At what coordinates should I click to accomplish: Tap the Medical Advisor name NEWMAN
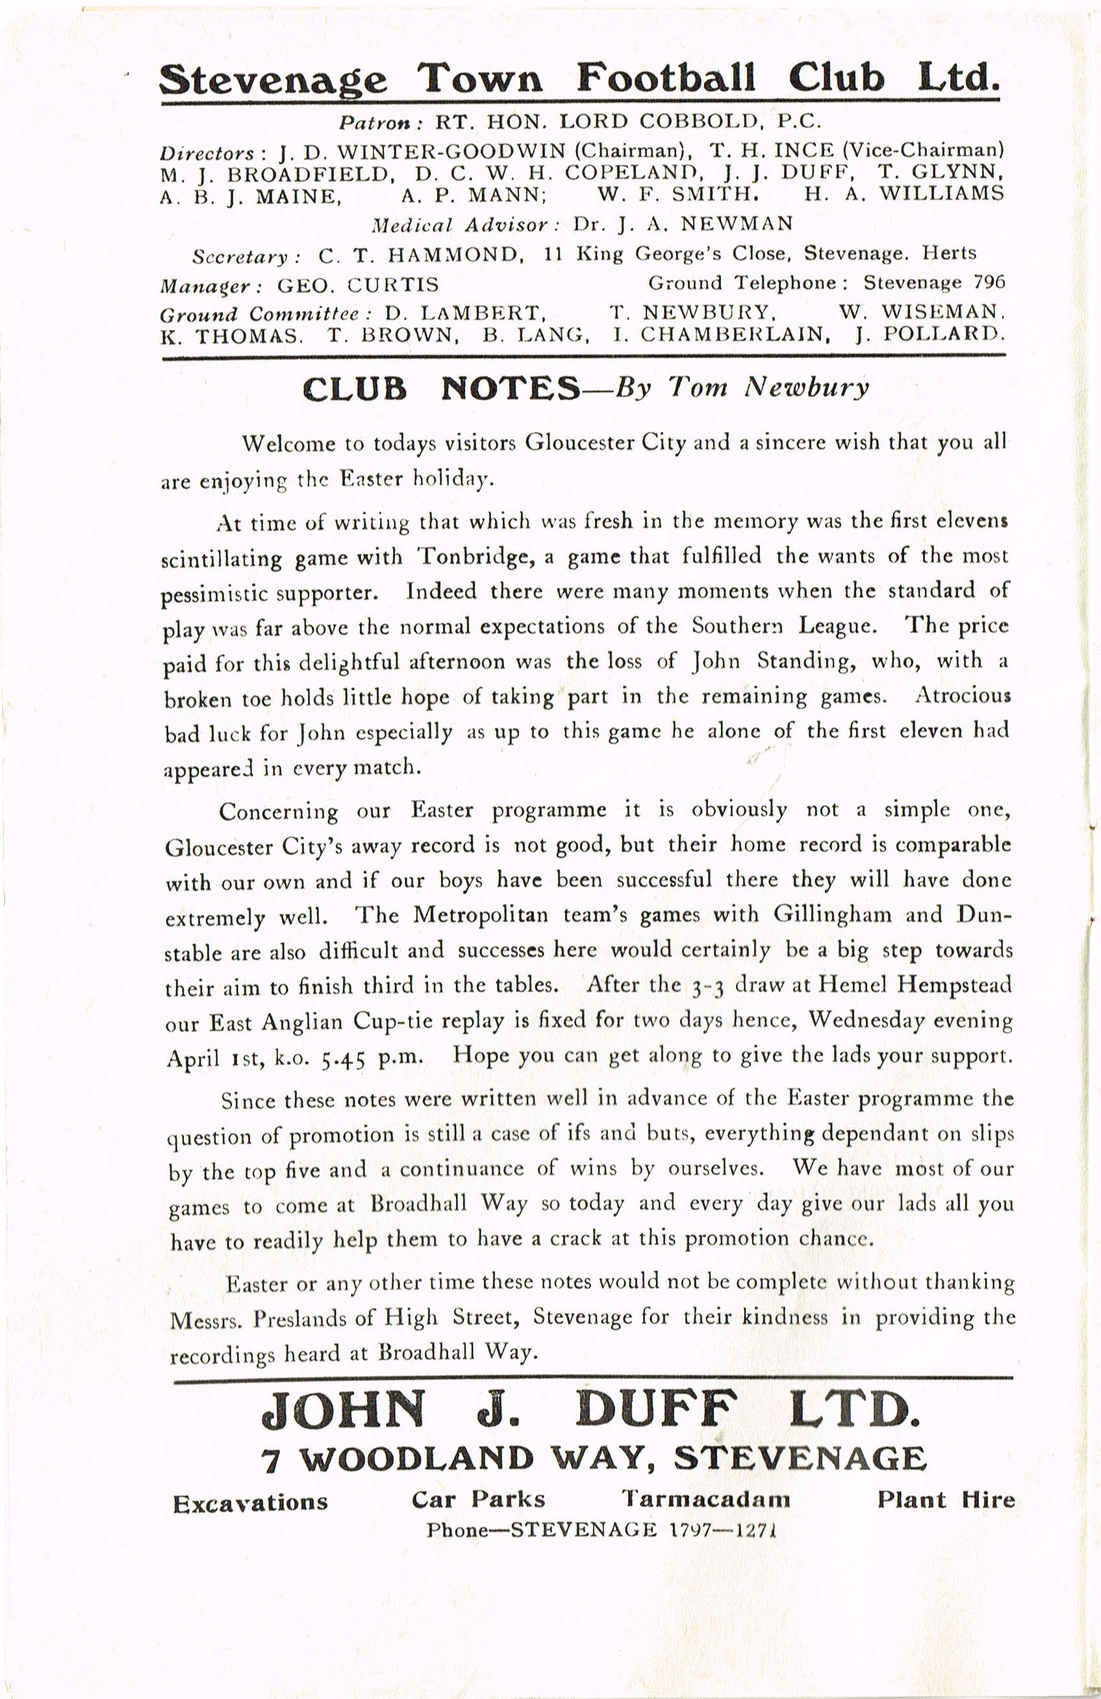tap(737, 224)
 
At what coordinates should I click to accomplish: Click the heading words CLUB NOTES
tap(441, 388)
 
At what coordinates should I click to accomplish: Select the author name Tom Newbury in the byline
tap(769, 387)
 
